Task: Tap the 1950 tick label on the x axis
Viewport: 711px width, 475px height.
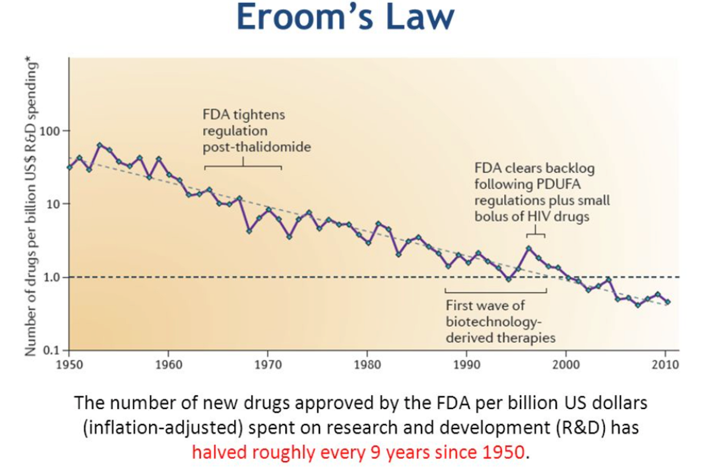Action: pyautogui.click(x=69, y=364)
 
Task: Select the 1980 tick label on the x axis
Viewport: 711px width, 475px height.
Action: pyautogui.click(x=367, y=364)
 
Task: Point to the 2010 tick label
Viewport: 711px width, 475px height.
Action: pyautogui.click(x=665, y=364)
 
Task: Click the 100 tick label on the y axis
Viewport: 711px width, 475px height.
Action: pyautogui.click(x=49, y=131)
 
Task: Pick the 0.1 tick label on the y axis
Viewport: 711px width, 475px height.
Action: pyautogui.click(x=51, y=350)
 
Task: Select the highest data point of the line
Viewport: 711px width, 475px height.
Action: pyautogui.click(x=99, y=145)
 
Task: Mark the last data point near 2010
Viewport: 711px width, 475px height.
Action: pyautogui.click(x=668, y=302)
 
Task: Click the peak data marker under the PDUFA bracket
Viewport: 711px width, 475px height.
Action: pyautogui.click(x=528, y=248)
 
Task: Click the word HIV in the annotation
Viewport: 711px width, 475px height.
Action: pyautogui.click(x=541, y=217)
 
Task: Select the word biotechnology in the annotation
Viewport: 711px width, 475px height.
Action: pyautogui.click(x=493, y=322)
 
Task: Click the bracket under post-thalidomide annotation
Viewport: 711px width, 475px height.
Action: pyautogui.click(x=243, y=166)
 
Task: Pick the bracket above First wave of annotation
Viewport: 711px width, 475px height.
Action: pyautogui.click(x=495, y=291)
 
